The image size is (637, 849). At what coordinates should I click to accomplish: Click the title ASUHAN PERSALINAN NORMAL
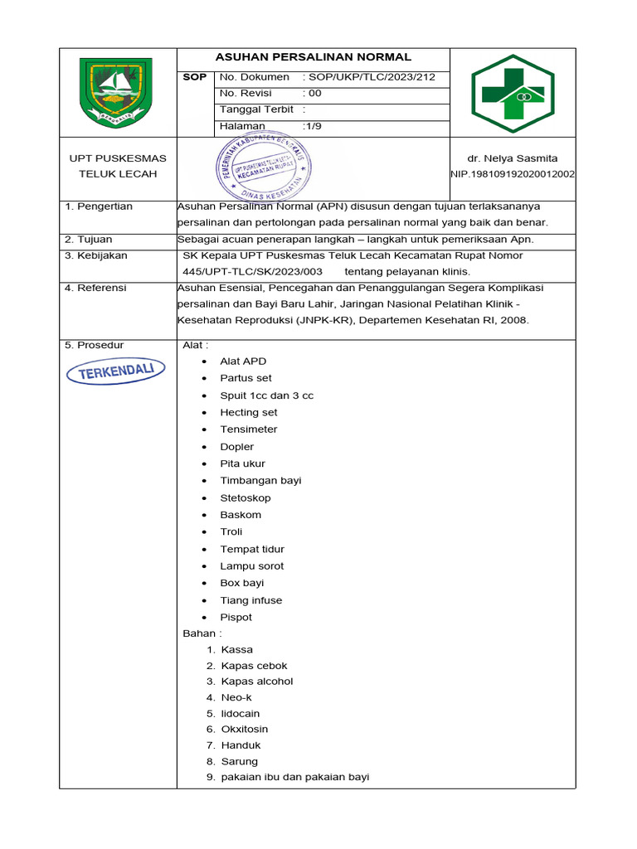tap(313, 57)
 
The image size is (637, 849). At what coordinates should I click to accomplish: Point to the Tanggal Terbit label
tap(257, 109)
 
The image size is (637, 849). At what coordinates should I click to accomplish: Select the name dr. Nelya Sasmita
tap(513, 158)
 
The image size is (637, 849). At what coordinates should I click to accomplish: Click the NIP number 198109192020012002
tap(513, 174)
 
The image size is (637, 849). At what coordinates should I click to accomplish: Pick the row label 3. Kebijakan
tap(96, 255)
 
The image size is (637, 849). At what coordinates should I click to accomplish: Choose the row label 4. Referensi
tap(95, 288)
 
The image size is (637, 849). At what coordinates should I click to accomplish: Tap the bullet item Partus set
tap(246, 378)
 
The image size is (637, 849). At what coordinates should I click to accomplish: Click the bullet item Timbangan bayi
tap(260, 480)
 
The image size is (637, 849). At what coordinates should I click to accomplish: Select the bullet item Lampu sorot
tap(251, 566)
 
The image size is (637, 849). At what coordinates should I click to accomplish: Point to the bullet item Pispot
tap(236, 617)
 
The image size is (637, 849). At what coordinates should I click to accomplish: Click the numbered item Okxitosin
tap(245, 730)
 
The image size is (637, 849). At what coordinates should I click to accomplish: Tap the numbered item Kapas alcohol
tap(257, 682)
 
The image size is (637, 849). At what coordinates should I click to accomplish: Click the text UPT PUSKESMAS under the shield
tap(117, 158)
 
